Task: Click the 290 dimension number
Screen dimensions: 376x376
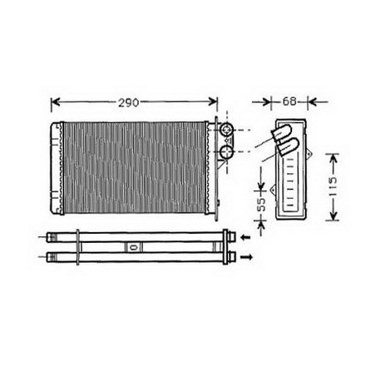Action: click(x=129, y=103)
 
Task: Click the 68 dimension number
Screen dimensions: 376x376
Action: click(x=289, y=101)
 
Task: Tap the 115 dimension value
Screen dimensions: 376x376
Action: click(x=333, y=186)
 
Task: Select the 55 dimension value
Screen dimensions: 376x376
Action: click(x=261, y=205)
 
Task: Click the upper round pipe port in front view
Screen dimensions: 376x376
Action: click(x=227, y=130)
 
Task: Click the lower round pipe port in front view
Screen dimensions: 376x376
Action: click(x=227, y=152)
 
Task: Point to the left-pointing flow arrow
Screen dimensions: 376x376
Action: click(x=245, y=237)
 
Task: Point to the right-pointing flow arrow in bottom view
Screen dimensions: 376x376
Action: click(x=246, y=257)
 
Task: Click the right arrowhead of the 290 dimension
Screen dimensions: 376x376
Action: click(x=213, y=101)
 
